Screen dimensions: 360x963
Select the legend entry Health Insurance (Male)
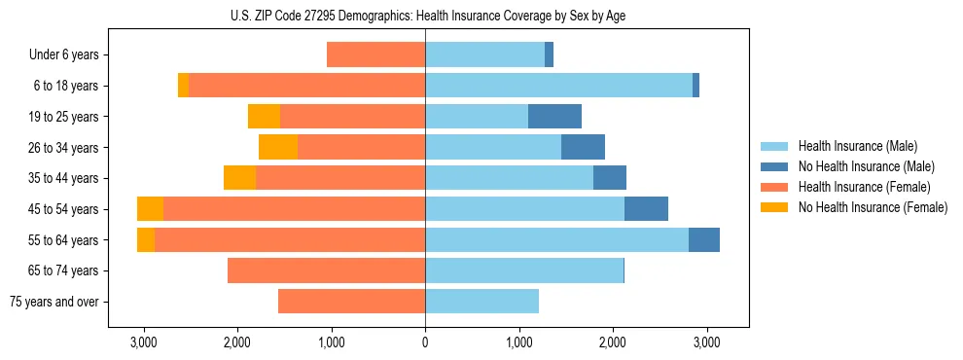855,146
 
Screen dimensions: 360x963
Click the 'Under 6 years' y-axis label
63,54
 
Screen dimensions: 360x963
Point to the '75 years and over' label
54,302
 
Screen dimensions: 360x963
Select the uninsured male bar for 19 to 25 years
554,117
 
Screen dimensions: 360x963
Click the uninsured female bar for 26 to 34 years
278,147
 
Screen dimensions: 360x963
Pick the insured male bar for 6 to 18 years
558,86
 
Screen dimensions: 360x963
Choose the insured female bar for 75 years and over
351,302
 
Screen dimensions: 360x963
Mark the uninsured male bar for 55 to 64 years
704,240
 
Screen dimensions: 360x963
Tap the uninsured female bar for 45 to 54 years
150,209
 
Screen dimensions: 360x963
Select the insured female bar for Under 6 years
375,54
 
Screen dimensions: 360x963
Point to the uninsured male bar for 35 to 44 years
610,178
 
